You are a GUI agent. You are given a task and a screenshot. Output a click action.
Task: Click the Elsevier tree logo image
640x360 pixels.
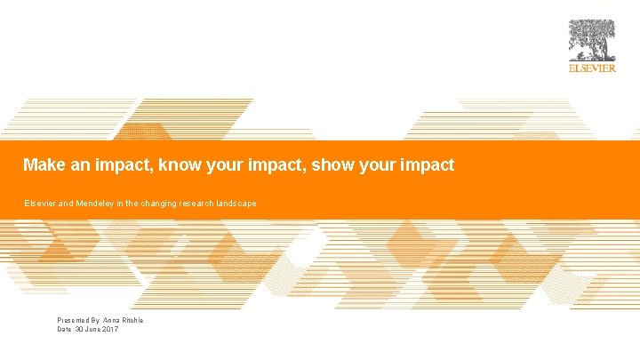pos(592,40)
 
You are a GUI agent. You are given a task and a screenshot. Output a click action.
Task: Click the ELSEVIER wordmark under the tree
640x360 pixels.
pos(592,68)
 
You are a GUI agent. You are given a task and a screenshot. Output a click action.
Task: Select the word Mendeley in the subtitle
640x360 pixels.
pos(100,204)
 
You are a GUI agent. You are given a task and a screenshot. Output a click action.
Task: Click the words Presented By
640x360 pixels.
pos(78,320)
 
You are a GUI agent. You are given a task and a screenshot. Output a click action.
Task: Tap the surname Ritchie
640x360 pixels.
pos(133,320)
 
